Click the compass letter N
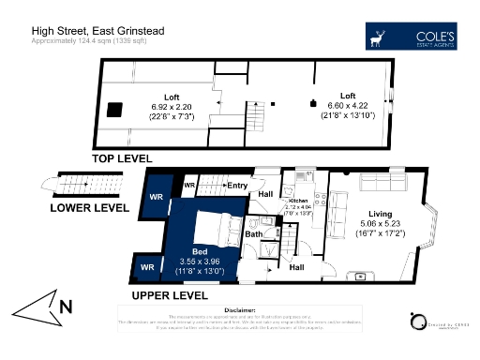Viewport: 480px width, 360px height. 65,305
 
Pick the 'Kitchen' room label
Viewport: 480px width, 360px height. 298,201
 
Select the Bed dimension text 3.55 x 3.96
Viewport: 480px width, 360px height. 200,262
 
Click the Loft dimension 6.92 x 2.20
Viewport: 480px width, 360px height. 171,107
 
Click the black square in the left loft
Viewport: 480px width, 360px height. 114,111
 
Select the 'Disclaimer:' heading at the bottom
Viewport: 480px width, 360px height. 240,308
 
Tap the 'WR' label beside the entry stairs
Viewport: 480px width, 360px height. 189,186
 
